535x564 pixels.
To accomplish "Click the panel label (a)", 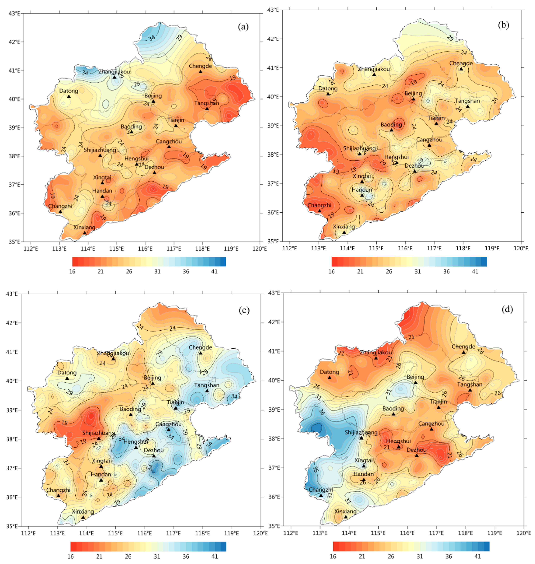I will click(x=243, y=27).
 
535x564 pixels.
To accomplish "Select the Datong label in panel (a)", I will click(x=69, y=91).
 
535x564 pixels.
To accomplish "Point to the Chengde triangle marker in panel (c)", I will click(x=201, y=353).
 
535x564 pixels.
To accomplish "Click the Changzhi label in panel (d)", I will click(x=320, y=490).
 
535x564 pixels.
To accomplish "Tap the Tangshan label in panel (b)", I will click(x=467, y=101).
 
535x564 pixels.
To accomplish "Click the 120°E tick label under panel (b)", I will click(x=521, y=248).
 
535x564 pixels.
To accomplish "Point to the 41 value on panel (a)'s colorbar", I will click(x=214, y=271).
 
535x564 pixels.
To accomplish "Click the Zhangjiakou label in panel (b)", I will click(x=374, y=69).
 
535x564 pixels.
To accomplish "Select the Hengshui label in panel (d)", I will click(x=398, y=441).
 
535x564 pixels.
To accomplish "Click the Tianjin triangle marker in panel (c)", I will click(x=176, y=408).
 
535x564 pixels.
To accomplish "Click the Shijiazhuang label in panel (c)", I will click(x=98, y=433).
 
